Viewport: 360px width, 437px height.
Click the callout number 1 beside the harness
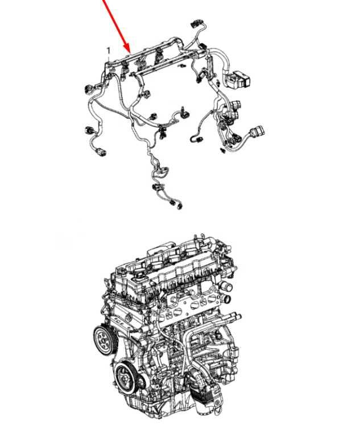(x=109, y=51)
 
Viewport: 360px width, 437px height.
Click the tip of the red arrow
(x=130, y=52)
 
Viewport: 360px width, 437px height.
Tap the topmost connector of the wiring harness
(x=196, y=24)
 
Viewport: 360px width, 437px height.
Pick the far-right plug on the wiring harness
(x=258, y=131)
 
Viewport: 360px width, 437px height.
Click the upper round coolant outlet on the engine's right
(x=227, y=287)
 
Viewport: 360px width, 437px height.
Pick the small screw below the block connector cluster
(x=222, y=151)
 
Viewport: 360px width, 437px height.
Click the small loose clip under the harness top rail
(x=183, y=66)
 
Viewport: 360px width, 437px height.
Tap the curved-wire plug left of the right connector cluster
(x=195, y=138)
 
